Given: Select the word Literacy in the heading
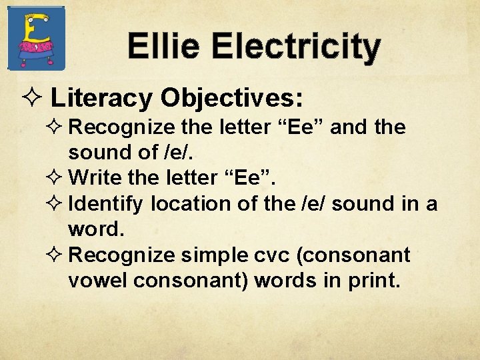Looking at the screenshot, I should click(x=102, y=99).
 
